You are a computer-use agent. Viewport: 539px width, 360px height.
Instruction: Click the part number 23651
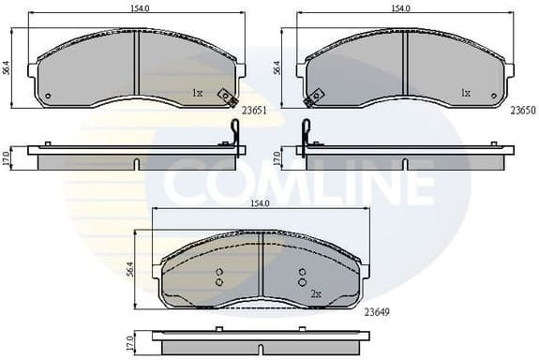click(254, 110)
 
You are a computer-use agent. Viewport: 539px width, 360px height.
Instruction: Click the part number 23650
click(522, 110)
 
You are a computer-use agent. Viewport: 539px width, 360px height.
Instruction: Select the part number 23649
click(377, 311)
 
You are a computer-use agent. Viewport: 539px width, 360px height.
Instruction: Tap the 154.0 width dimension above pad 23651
click(138, 7)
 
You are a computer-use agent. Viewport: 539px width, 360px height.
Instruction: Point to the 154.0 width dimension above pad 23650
click(402, 7)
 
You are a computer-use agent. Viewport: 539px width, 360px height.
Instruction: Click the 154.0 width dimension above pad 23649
click(261, 203)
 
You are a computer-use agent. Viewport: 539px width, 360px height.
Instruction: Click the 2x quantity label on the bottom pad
click(316, 294)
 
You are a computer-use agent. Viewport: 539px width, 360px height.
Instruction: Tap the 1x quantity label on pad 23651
click(197, 94)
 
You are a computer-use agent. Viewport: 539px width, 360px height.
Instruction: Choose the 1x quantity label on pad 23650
click(465, 94)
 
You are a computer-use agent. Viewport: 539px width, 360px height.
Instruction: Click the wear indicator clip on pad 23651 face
click(227, 97)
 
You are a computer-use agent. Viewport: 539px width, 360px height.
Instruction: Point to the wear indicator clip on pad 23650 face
click(315, 97)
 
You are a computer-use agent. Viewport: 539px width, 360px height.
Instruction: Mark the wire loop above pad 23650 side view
click(305, 131)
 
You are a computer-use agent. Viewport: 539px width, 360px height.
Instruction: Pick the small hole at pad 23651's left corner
click(48, 96)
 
